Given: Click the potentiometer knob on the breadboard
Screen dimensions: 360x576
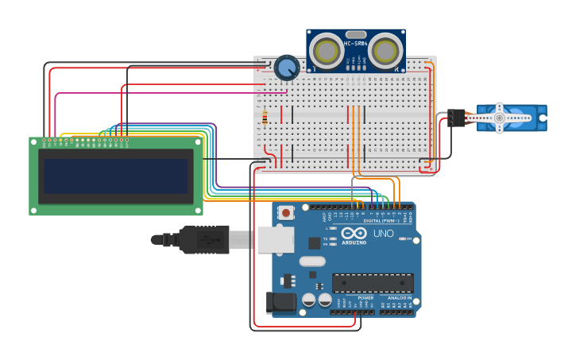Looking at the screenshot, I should pos(286,68).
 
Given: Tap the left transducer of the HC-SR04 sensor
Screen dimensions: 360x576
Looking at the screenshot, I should pos(326,51).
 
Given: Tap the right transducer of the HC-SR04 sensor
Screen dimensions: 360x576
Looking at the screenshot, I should pos(385,51).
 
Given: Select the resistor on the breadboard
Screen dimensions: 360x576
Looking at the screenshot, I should pos(264,117).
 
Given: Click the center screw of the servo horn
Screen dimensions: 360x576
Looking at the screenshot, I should pos(499,118).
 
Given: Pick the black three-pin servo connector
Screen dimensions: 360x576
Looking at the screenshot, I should pos(456,118).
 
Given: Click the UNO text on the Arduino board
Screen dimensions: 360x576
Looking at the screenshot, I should pos(383,234).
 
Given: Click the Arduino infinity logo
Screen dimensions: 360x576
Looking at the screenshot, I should pos(354,233).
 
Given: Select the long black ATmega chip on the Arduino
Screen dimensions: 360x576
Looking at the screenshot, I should pos(373,282).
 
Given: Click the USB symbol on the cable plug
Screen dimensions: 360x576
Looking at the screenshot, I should pos(208,239).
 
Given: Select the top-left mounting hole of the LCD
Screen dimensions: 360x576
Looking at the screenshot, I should pos(33,141).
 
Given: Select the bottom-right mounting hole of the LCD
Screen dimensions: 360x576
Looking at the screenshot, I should pos(199,211).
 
